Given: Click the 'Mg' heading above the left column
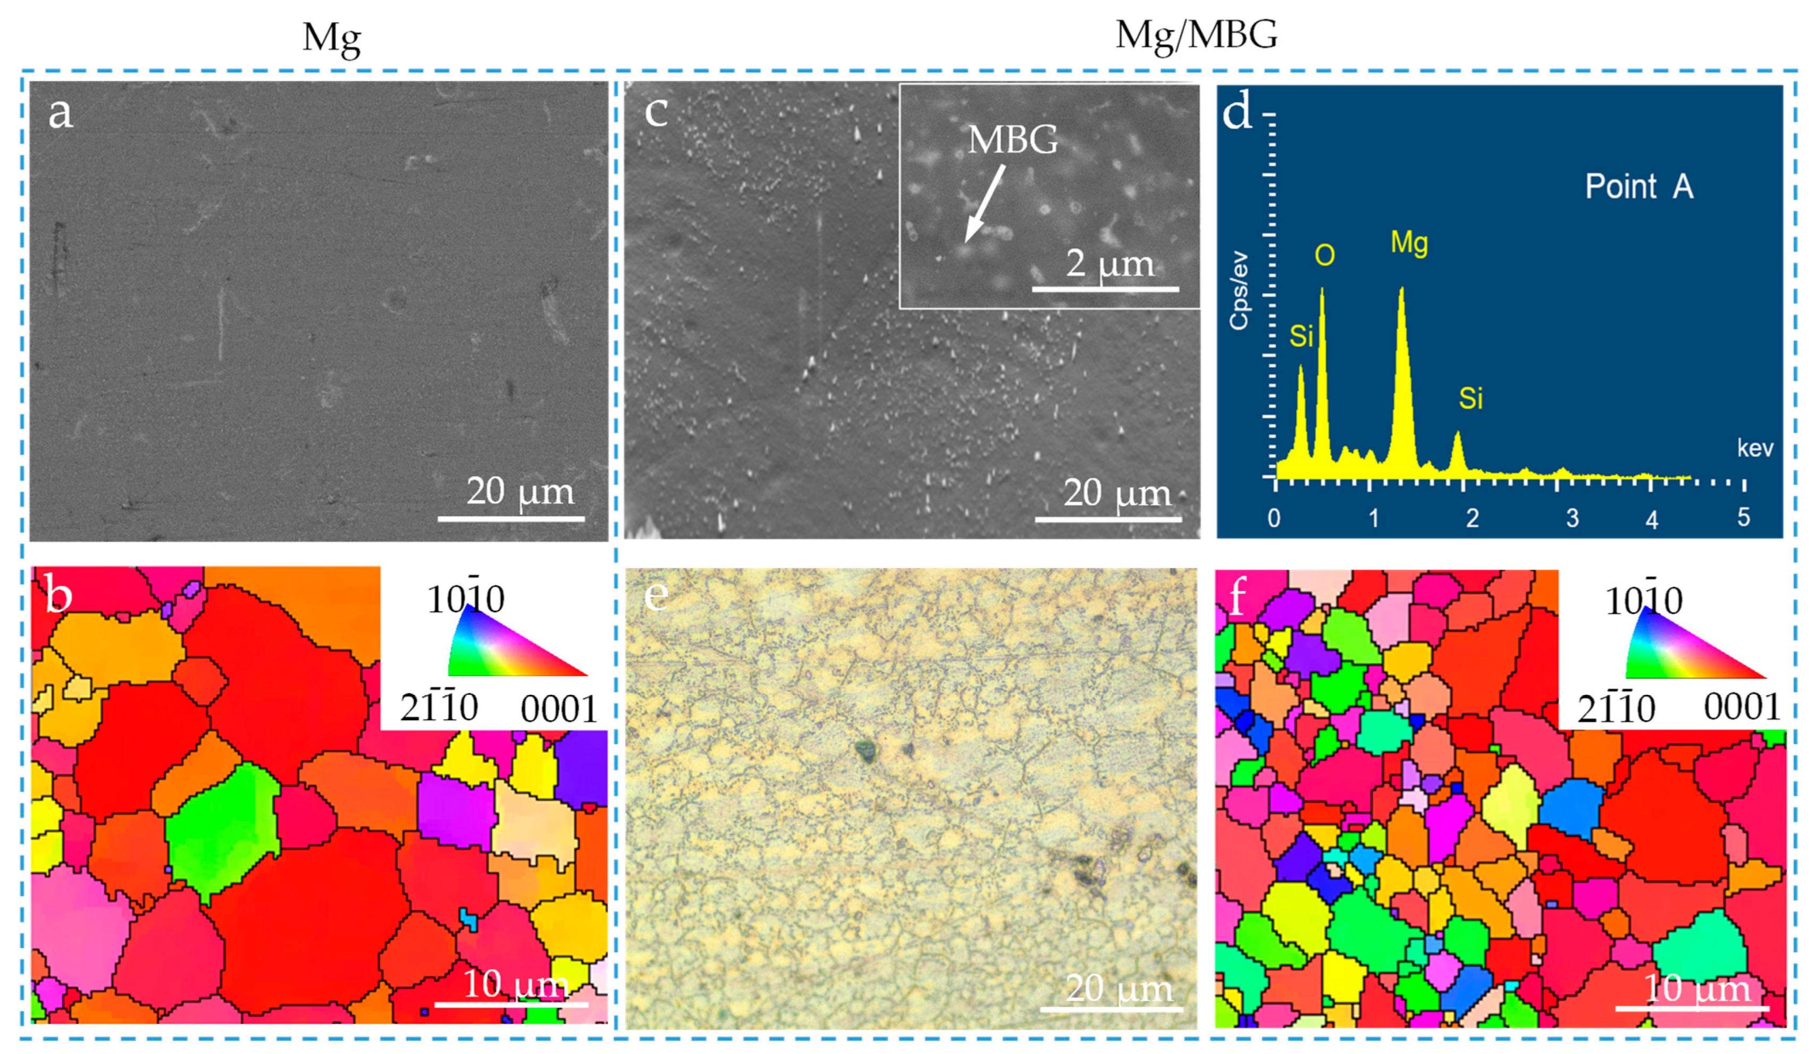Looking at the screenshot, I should coord(331,37).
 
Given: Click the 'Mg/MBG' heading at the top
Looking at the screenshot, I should coord(1196,35).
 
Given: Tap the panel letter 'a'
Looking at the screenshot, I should coord(61,113).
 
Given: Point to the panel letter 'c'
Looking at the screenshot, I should coord(656,112).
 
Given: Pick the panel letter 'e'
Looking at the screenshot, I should coord(656,595).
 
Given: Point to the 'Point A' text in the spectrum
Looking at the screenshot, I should coord(1638,187).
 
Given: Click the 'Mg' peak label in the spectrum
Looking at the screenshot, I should coord(1409,242).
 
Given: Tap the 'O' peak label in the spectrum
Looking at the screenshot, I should coord(1324,256).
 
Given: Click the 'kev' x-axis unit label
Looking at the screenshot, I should coord(1754,449).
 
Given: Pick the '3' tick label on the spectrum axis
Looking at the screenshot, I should coord(1572,518).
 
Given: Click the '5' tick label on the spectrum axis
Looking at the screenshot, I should coord(1743,517).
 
